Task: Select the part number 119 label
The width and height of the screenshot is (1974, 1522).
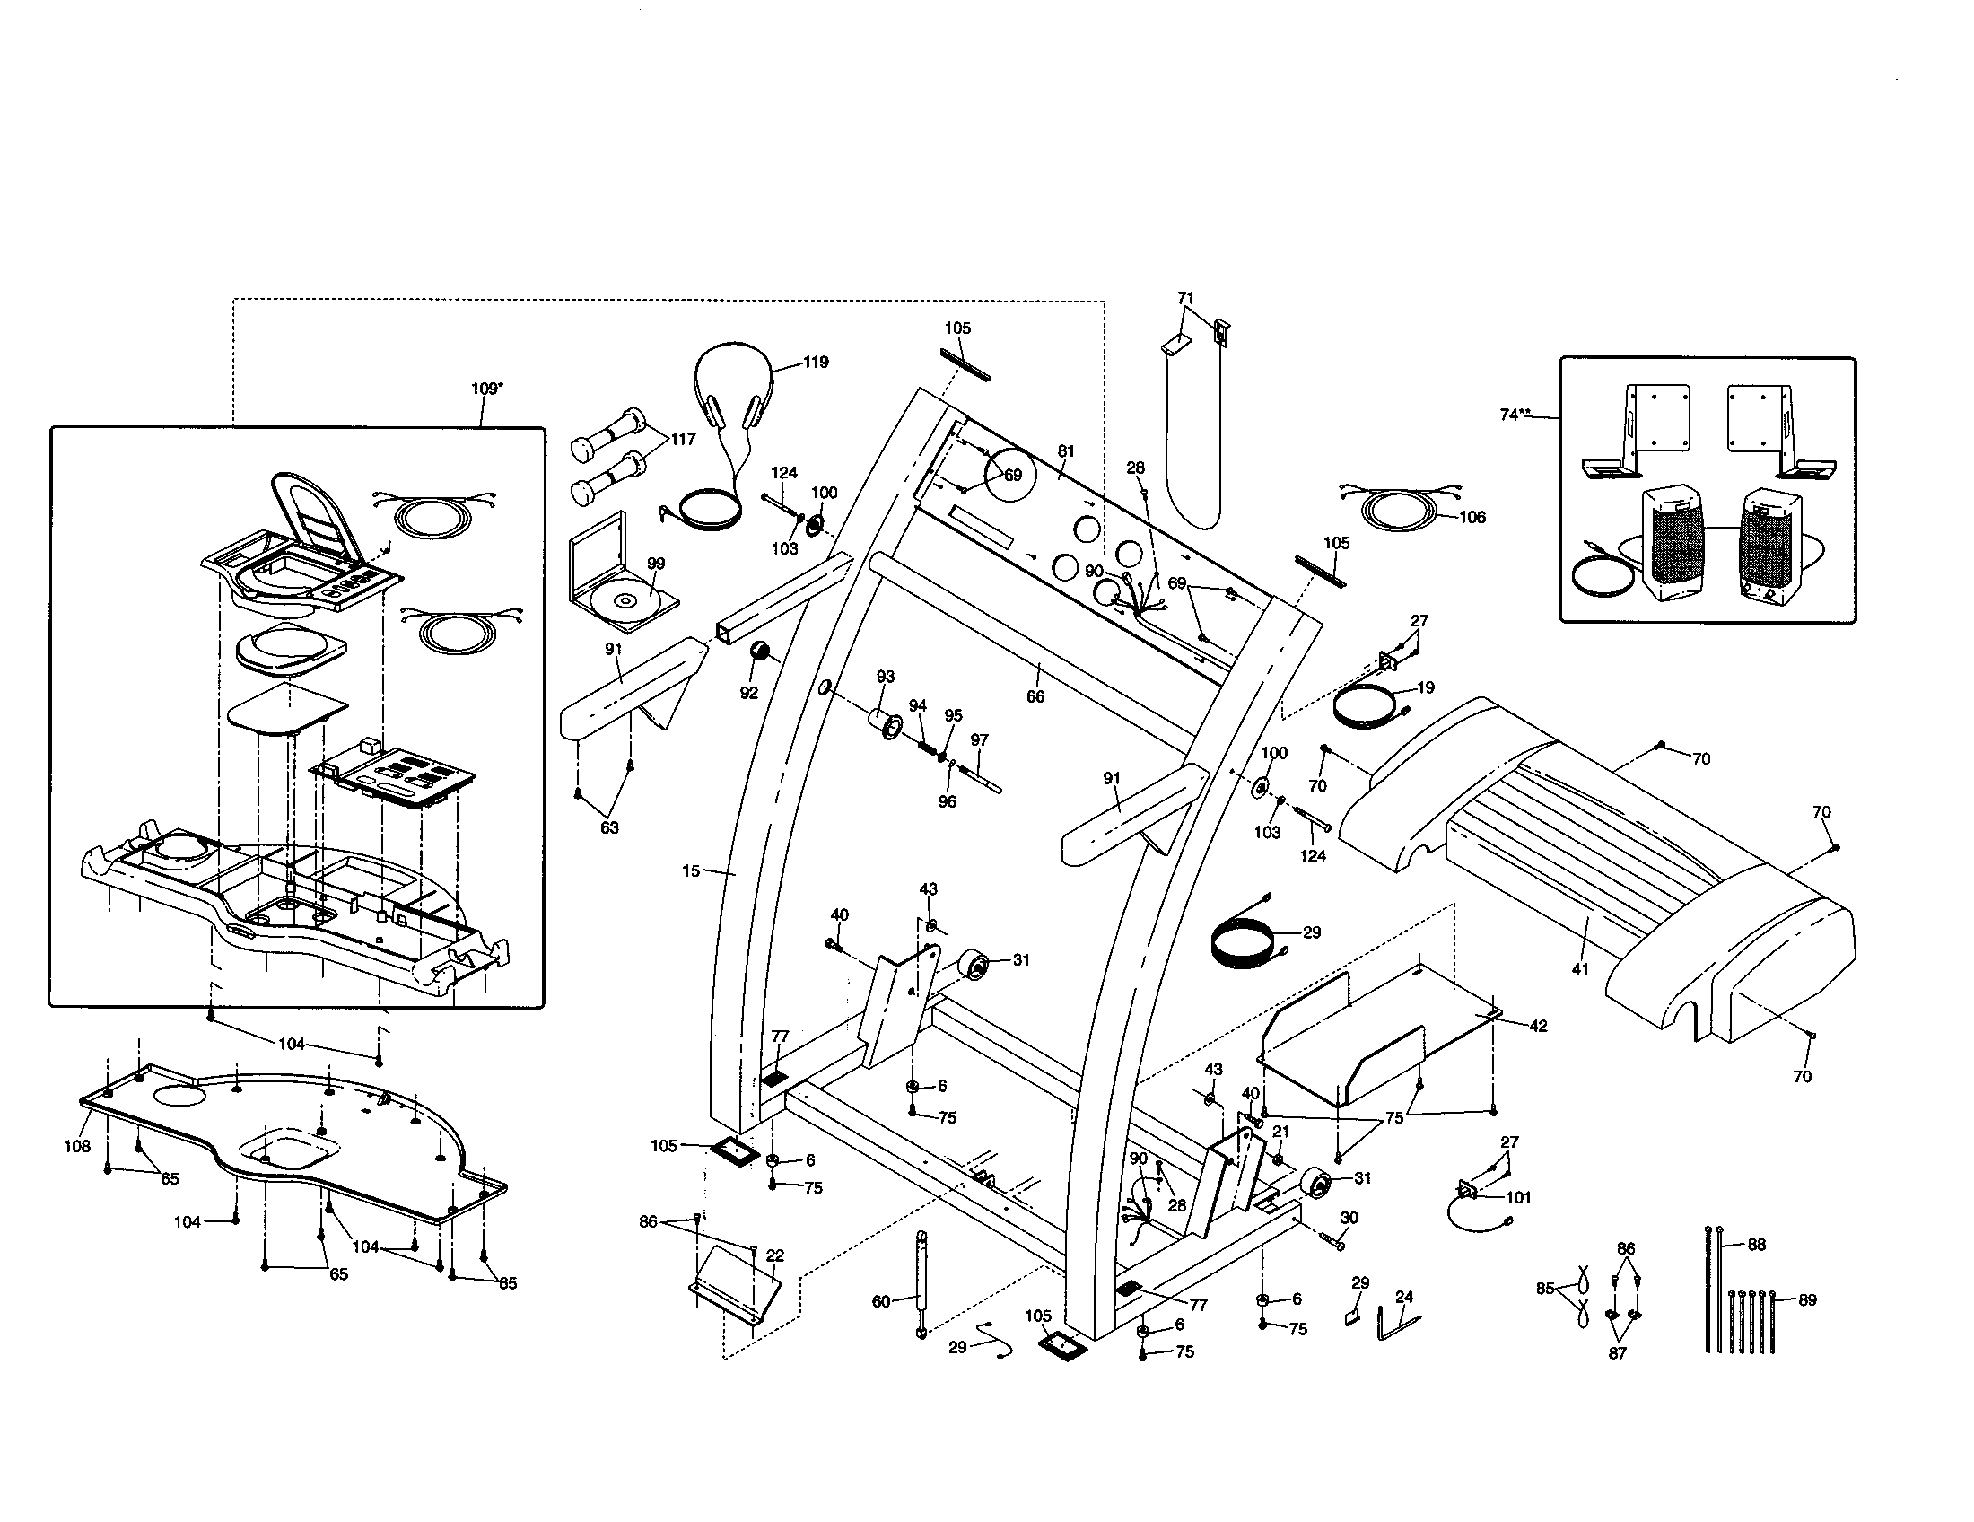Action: pos(816,363)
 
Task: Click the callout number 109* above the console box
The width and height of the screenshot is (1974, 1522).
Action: pos(487,389)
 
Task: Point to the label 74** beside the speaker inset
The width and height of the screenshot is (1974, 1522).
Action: pos(1515,415)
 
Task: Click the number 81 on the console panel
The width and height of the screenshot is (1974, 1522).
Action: pos(1067,451)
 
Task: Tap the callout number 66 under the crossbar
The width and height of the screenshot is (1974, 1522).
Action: pos(1035,696)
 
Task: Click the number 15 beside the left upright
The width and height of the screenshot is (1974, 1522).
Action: pos(691,871)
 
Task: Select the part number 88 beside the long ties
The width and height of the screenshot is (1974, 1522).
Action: pos(1756,1245)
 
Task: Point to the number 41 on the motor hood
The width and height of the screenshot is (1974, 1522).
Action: pos(1580,970)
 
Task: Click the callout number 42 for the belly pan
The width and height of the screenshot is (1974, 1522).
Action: pos(1538,1026)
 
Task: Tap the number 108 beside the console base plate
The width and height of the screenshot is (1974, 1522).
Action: pos(77,1147)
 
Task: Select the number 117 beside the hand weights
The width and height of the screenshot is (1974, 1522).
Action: pos(684,439)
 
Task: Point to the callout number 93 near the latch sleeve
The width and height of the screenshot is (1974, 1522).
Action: pos(886,677)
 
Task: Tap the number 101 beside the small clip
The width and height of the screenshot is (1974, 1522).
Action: pos(1518,1197)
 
